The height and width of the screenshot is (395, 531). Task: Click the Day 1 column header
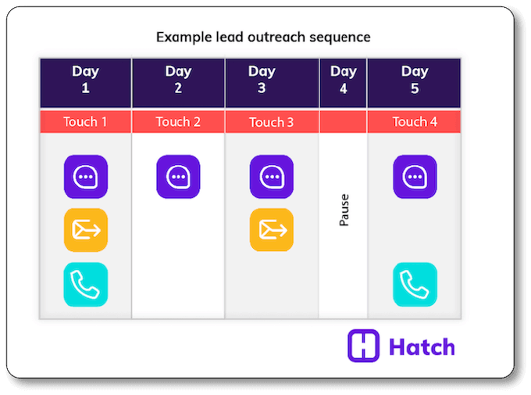pyautogui.click(x=85, y=80)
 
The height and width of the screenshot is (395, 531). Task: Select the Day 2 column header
pyautogui.click(x=178, y=80)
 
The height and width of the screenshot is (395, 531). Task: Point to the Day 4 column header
pyautogui.click(x=343, y=80)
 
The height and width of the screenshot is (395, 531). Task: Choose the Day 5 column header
pyautogui.click(x=415, y=80)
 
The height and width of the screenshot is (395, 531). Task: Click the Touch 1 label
pyautogui.click(x=85, y=122)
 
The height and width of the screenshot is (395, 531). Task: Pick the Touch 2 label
pyautogui.click(x=178, y=122)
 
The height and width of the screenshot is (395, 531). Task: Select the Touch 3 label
pyautogui.click(x=272, y=122)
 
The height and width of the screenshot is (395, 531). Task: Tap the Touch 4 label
pyautogui.click(x=415, y=122)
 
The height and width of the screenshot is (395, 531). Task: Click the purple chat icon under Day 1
pyautogui.click(x=86, y=177)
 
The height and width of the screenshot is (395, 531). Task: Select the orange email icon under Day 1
pyautogui.click(x=86, y=230)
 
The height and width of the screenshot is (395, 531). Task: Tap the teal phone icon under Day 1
pyautogui.click(x=86, y=285)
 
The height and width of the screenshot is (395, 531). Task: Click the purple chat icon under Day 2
pyautogui.click(x=178, y=177)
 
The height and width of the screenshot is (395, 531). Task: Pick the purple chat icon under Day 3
pyautogui.click(x=272, y=177)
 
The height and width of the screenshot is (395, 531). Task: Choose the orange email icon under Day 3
pyautogui.click(x=272, y=230)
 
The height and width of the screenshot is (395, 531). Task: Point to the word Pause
pyautogui.click(x=344, y=210)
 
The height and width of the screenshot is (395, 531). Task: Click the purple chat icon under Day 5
pyautogui.click(x=415, y=177)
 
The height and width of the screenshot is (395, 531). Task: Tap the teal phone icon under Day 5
pyautogui.click(x=415, y=285)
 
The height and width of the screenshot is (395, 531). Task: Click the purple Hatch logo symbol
pyautogui.click(x=363, y=346)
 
